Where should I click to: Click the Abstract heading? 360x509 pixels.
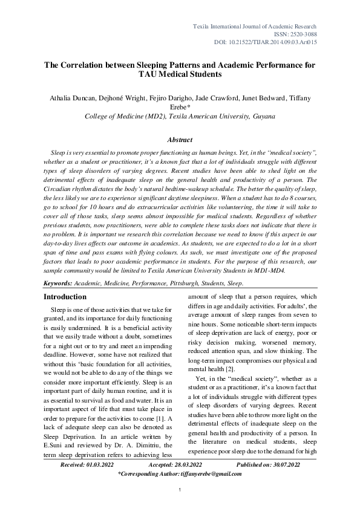tap(179, 139)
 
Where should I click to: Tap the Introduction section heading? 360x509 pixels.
tap(65, 297)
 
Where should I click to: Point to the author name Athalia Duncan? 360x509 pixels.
tap(71, 97)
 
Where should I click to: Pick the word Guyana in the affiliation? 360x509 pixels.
tap(262, 115)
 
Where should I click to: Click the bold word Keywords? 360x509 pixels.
tap(59, 282)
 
